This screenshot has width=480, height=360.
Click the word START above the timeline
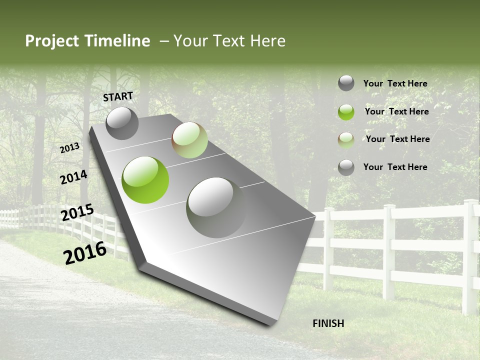118,96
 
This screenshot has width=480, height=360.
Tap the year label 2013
70,148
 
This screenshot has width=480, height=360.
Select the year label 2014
73,177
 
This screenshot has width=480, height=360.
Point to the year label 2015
77,212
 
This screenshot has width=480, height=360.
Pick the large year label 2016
85,252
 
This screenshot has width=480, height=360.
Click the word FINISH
328,323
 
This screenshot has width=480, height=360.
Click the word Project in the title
51,41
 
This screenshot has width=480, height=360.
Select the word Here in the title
268,41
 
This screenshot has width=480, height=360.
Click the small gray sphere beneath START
122,123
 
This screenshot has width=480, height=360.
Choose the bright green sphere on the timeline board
145,180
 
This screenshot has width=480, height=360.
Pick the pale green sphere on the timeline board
189,140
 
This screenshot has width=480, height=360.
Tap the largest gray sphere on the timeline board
216,207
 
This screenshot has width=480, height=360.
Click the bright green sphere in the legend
346,112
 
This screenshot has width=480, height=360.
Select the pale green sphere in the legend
346,140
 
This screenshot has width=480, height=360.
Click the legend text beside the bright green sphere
396,111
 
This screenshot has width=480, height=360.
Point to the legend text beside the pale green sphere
397,139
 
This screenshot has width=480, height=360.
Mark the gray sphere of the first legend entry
346,83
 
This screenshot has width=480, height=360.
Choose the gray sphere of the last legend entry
346,167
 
